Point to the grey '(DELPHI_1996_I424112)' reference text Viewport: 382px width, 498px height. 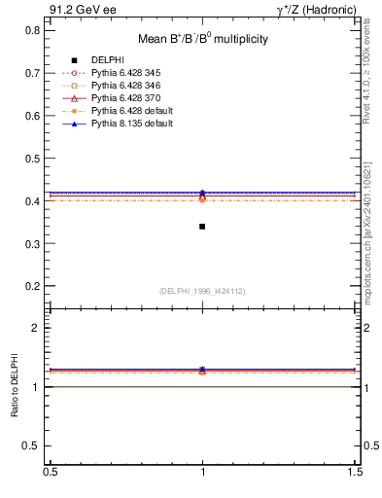click(202, 290)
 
